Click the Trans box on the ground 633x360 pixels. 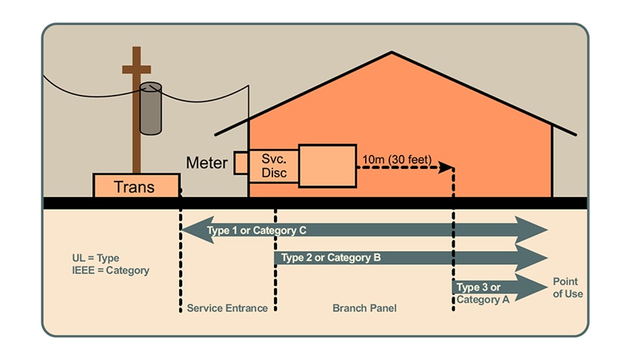click(x=136, y=186)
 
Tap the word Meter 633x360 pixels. click(x=207, y=163)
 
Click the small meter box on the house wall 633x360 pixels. click(x=241, y=163)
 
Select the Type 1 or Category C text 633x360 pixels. click(x=257, y=230)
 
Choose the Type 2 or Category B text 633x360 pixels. click(x=327, y=258)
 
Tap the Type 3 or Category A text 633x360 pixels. click(x=479, y=293)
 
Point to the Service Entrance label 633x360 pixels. click(x=227, y=308)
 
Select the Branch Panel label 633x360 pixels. click(x=364, y=308)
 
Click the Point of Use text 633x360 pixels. click(x=566, y=287)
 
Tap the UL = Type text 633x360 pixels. click(x=96, y=258)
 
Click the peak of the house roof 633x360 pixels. click(x=392, y=53)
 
